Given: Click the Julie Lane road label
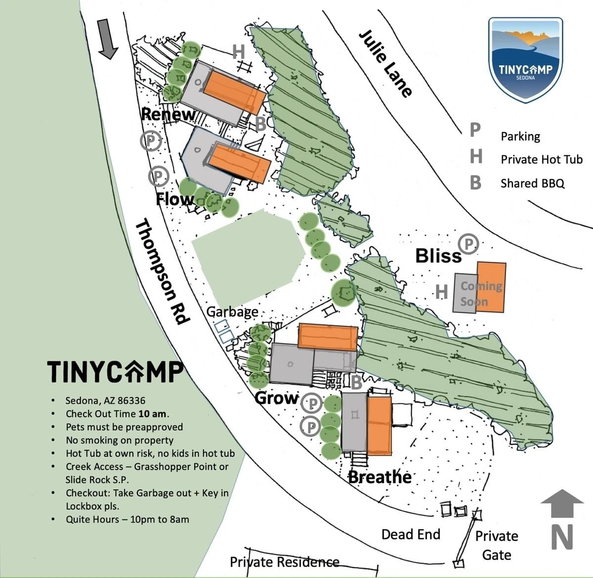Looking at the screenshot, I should (385, 63).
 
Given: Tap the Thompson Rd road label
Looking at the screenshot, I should (162, 272).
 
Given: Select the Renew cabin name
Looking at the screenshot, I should (168, 114).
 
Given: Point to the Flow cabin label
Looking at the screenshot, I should (175, 199).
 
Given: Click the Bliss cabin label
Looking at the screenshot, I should (438, 256).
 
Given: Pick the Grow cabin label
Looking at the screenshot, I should (277, 398).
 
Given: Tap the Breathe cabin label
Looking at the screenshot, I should (380, 477).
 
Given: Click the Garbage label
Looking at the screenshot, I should (232, 312).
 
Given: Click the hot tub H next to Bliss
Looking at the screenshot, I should (441, 291).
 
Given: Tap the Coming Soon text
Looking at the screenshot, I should (481, 293).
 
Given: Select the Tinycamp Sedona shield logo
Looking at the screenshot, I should (525, 59).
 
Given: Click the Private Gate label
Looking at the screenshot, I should (496, 545).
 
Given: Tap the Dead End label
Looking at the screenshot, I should (411, 534).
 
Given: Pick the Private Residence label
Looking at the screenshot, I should (285, 562).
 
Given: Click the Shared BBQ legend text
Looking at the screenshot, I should (532, 183).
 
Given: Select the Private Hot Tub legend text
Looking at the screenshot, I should (541, 159).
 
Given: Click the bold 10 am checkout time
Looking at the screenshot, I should (153, 414).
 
